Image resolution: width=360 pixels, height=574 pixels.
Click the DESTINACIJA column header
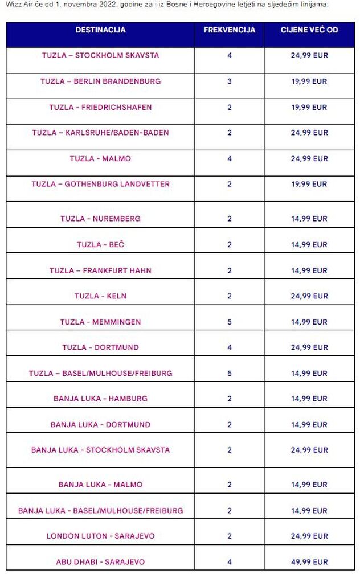[x=100, y=30]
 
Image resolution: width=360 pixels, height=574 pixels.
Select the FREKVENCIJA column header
[x=230, y=30]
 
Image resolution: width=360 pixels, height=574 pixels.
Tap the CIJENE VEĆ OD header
[x=309, y=30]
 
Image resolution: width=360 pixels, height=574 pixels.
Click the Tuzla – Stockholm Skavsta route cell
[x=100, y=55]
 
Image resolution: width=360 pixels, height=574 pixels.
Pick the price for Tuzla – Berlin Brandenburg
[x=309, y=81]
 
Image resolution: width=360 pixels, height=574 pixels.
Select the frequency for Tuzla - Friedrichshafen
[x=230, y=107]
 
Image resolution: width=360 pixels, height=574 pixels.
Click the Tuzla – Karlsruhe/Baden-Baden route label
[x=100, y=133]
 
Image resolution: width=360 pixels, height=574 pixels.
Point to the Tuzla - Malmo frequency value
[x=230, y=158]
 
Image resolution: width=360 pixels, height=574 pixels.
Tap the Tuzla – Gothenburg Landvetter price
[x=309, y=184]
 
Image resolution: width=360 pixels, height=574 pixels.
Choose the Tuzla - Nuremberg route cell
[x=100, y=219]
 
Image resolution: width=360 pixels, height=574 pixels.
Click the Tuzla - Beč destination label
[x=100, y=244]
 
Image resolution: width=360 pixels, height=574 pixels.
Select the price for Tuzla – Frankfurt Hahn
[x=309, y=270]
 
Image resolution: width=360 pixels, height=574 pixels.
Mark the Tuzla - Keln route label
[x=100, y=296]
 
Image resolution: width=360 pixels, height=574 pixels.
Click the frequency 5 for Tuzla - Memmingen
[x=230, y=322]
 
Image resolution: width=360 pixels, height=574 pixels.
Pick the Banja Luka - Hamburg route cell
[x=100, y=399]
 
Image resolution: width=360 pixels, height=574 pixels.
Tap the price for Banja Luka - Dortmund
[x=309, y=424]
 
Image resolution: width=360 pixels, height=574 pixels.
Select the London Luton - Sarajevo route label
[x=100, y=536]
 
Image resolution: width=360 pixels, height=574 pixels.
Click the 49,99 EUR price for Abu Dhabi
[x=309, y=561]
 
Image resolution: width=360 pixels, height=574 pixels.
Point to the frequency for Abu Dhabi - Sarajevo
[x=230, y=561]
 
